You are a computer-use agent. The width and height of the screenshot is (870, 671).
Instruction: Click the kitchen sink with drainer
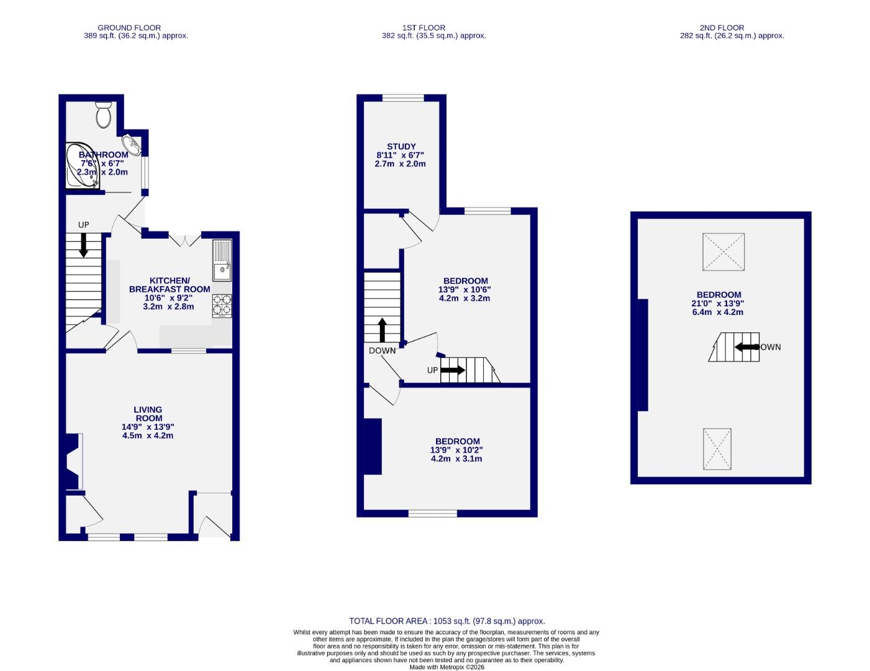[x=222, y=260]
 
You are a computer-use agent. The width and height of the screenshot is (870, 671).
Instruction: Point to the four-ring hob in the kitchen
[x=222, y=305]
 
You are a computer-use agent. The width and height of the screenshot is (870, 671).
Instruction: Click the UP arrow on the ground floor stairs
[x=83, y=245]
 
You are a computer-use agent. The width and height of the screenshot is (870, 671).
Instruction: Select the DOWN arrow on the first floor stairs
[x=382, y=330]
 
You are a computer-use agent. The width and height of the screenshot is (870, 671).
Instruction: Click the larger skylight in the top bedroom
[x=723, y=252]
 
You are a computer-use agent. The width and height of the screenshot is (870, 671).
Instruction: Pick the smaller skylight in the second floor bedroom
[x=717, y=449]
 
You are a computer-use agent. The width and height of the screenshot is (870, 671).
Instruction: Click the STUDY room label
[x=401, y=147]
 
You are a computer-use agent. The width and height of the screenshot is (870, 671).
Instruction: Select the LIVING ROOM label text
[x=148, y=414]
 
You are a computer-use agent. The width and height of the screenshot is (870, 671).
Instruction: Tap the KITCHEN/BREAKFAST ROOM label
[x=170, y=285]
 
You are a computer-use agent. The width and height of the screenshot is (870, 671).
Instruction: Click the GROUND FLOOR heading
[x=129, y=27]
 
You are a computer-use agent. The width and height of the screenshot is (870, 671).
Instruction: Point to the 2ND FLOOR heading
[x=722, y=27]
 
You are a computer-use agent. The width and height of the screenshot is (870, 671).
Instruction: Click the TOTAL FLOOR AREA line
[x=446, y=621]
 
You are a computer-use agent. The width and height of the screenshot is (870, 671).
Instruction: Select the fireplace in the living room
[x=73, y=461]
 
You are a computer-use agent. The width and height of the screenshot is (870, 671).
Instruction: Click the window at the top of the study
[x=403, y=98]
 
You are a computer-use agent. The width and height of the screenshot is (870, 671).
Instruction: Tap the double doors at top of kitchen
[x=184, y=239]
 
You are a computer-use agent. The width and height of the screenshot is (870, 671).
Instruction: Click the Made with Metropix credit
[x=446, y=667]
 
